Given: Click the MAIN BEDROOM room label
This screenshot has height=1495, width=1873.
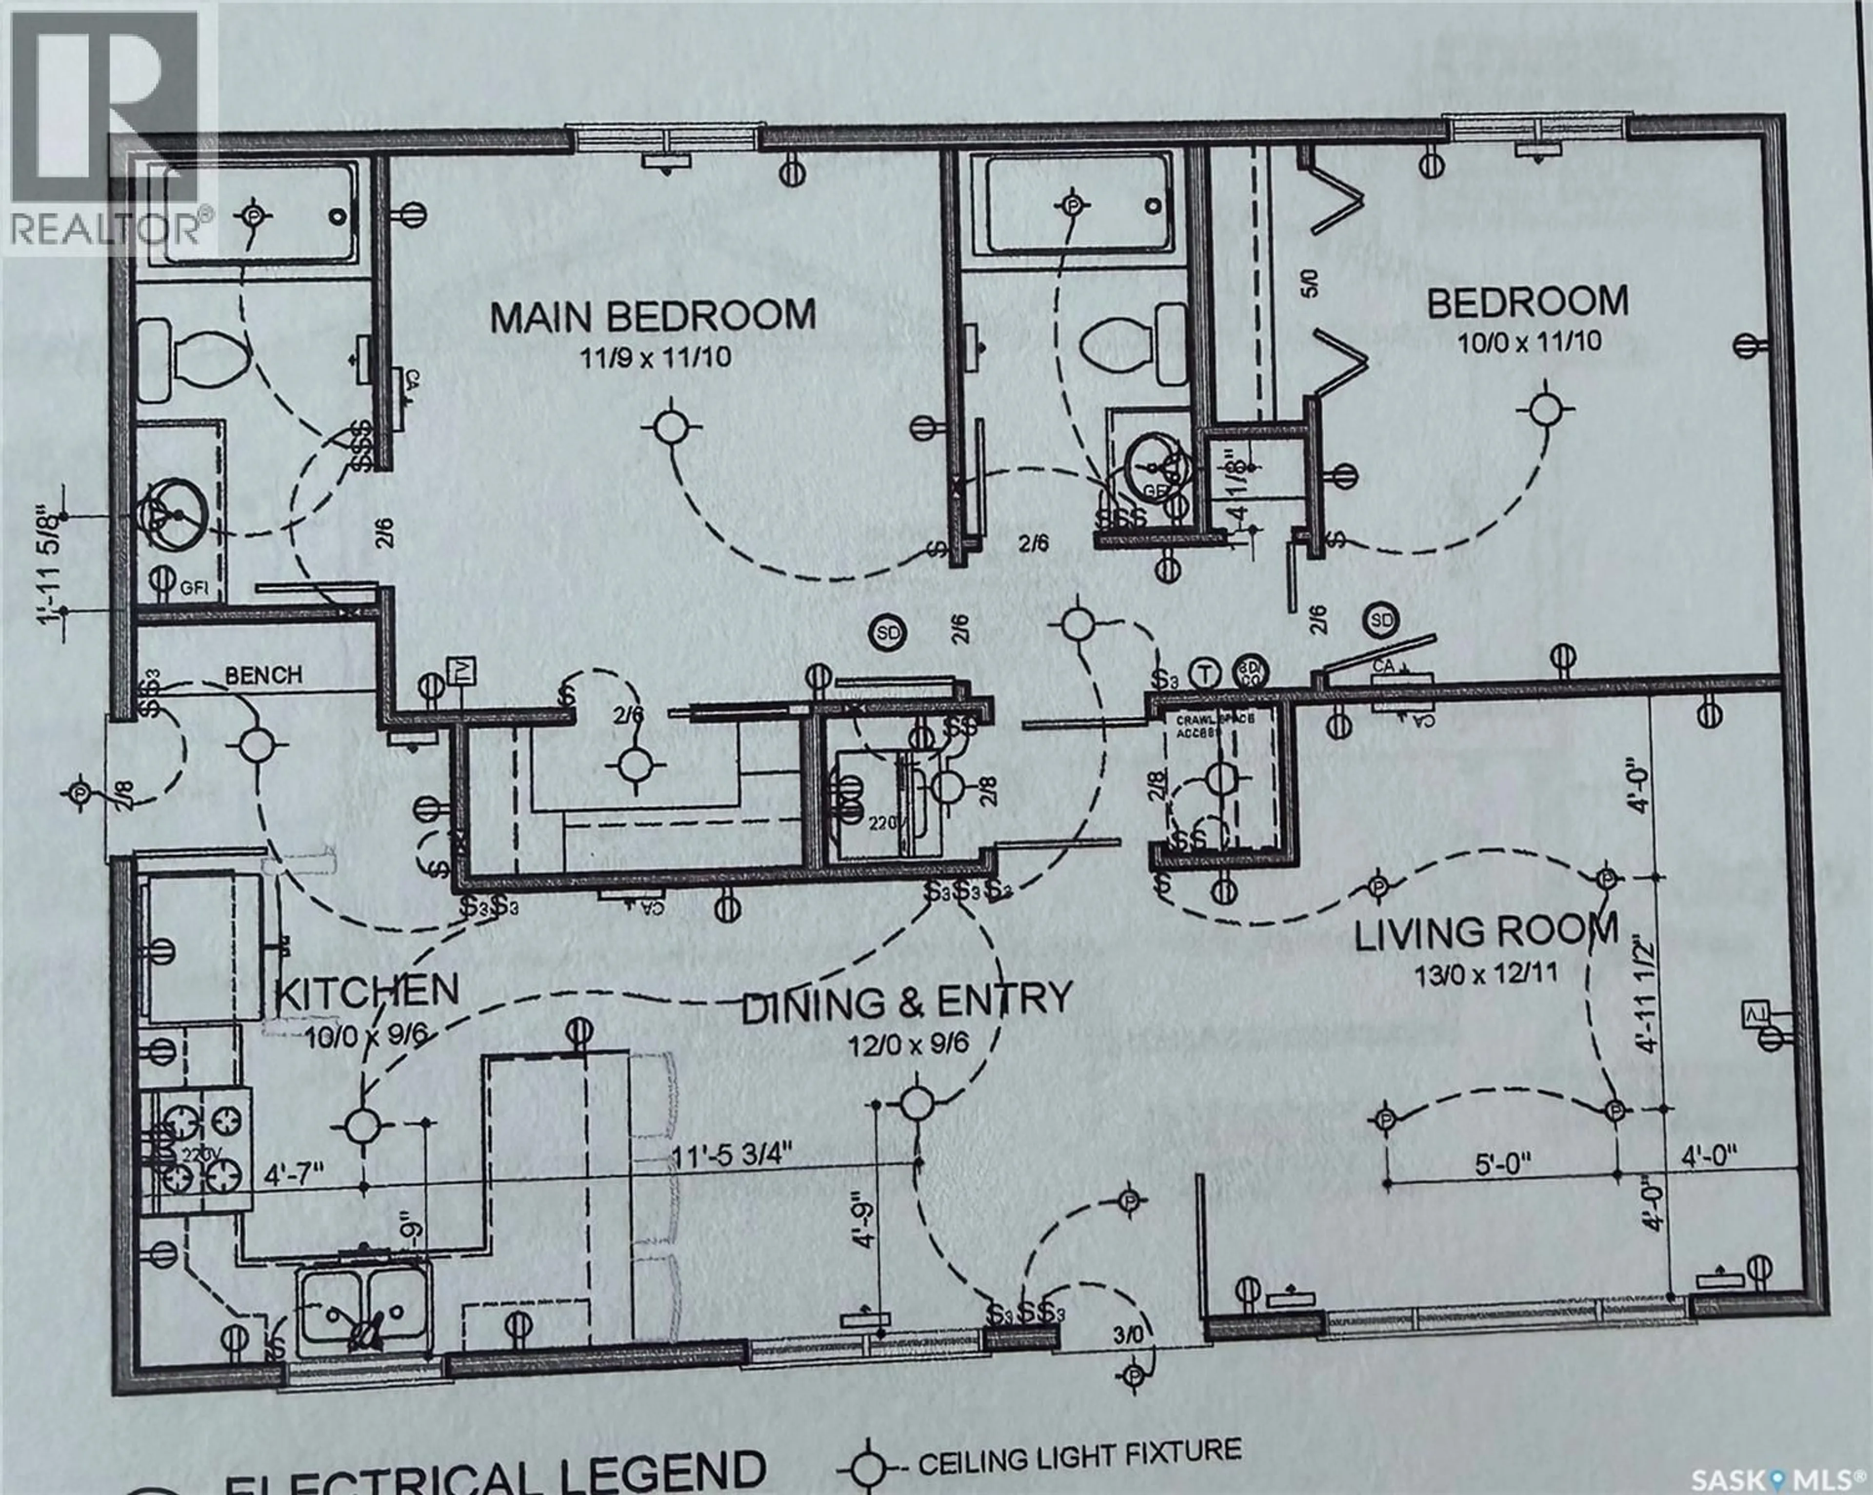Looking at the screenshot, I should click(653, 315).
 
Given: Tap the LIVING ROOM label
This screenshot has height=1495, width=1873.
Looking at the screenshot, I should click(1486, 932).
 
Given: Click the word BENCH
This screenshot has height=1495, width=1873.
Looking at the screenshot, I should click(263, 675).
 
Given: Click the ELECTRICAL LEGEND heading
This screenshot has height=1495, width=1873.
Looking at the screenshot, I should click(495, 1473).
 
